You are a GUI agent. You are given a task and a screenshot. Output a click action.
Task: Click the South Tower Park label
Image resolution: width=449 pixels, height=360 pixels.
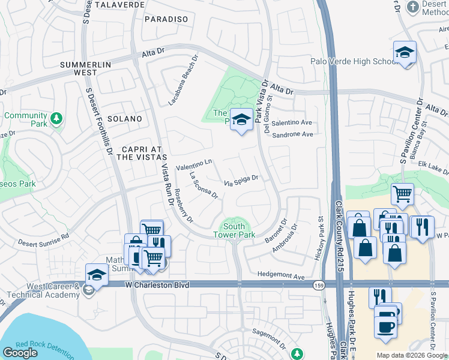pyautogui.click(x=234, y=230)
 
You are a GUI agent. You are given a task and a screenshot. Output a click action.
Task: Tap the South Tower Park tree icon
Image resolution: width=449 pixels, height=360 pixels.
pyautogui.click(x=235, y=220)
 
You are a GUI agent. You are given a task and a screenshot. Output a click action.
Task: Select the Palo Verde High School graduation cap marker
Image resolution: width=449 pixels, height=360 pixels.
pyautogui.click(x=405, y=52)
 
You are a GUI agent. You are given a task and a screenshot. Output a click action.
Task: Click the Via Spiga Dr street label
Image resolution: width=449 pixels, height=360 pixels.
pyautogui.click(x=241, y=180)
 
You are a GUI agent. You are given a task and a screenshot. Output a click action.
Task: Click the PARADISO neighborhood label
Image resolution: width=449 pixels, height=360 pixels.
pyautogui.click(x=166, y=19)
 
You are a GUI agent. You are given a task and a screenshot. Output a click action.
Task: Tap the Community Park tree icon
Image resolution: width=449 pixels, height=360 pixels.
pyautogui.click(x=56, y=118)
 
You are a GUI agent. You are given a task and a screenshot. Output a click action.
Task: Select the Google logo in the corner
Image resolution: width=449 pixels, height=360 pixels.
pyautogui.click(x=20, y=353)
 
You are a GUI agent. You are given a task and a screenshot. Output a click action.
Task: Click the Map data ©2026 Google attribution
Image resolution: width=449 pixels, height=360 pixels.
pyautogui.click(x=411, y=355)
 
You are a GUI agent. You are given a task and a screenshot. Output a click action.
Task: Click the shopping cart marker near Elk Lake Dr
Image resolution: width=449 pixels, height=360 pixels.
pyautogui.click(x=402, y=193)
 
